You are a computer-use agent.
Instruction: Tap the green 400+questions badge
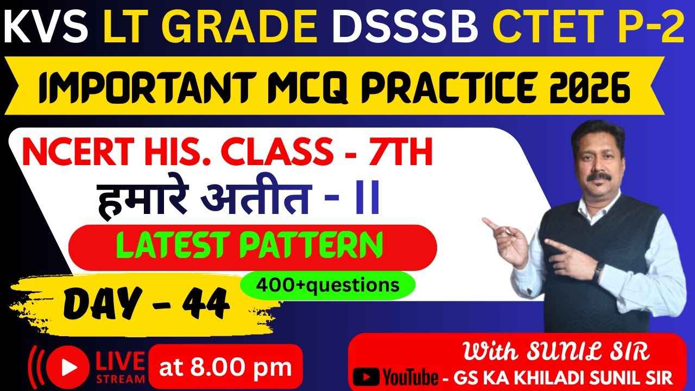click(x=327, y=285)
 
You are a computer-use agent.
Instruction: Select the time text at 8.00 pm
click(x=225, y=367)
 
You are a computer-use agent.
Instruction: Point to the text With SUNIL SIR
click(x=555, y=352)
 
